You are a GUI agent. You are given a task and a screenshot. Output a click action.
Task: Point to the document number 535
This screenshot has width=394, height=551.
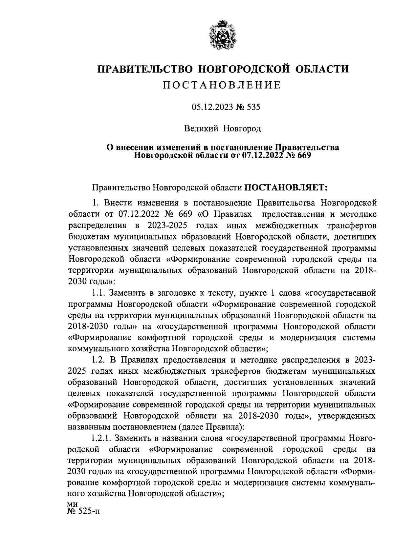tap(253, 107)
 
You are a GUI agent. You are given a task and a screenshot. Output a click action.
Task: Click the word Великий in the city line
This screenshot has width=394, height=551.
tap(201, 128)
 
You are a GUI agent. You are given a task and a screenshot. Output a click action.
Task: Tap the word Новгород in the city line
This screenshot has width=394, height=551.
tap(242, 128)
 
